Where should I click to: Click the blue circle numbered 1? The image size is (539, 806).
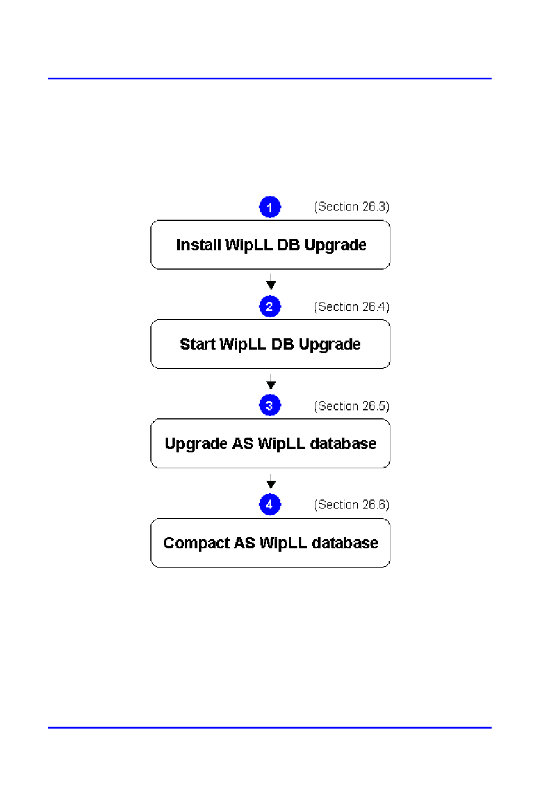click(x=270, y=207)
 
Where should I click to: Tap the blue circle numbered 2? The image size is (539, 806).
click(x=270, y=307)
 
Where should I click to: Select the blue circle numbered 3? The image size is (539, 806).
click(x=270, y=406)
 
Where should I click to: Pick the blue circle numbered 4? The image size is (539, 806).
click(x=270, y=504)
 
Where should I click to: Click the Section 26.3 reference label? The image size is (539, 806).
click(x=352, y=207)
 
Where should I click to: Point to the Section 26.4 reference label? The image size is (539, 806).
click(x=352, y=307)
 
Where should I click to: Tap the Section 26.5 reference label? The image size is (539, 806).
click(x=352, y=406)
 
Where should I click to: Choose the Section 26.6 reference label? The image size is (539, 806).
click(x=352, y=505)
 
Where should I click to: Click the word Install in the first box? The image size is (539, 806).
click(x=198, y=245)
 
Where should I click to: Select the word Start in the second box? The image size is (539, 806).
click(x=197, y=344)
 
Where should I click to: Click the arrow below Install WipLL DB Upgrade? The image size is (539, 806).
click(x=271, y=282)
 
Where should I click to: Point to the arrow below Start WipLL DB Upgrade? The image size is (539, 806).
click(x=271, y=381)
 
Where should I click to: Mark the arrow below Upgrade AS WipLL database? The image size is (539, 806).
click(x=271, y=481)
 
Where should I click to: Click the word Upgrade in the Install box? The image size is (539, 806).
click(x=335, y=245)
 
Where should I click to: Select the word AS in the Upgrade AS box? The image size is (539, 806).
click(x=243, y=443)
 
